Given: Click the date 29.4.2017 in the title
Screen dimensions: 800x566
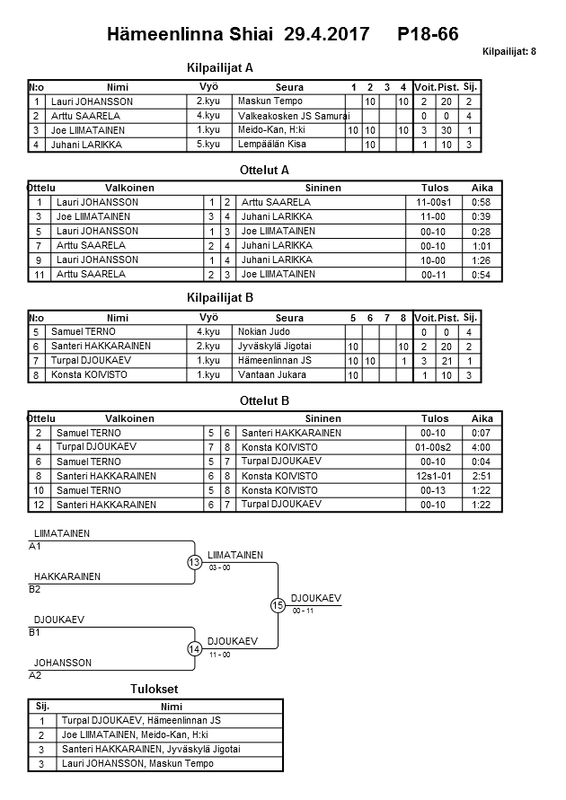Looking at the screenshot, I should [326, 34].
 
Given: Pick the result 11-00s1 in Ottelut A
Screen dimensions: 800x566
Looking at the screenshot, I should [435, 203].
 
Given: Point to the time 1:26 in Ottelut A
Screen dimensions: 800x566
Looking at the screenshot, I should [482, 260].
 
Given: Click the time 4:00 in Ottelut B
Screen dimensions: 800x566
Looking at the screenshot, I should [482, 447].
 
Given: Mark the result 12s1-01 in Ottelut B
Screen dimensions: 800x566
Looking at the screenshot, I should [435, 476].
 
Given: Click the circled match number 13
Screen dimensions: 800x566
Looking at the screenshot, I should [195, 563].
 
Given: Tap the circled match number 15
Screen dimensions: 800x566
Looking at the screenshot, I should [278, 606].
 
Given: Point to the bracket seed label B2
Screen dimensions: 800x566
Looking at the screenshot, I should [35, 590].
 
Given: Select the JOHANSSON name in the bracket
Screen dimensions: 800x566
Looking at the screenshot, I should [63, 664].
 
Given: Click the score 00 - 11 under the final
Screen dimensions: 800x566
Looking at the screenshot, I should [304, 611].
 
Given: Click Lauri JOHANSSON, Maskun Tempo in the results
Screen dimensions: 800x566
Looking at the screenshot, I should [137, 764].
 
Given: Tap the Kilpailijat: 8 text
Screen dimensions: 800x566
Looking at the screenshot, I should [509, 53].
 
